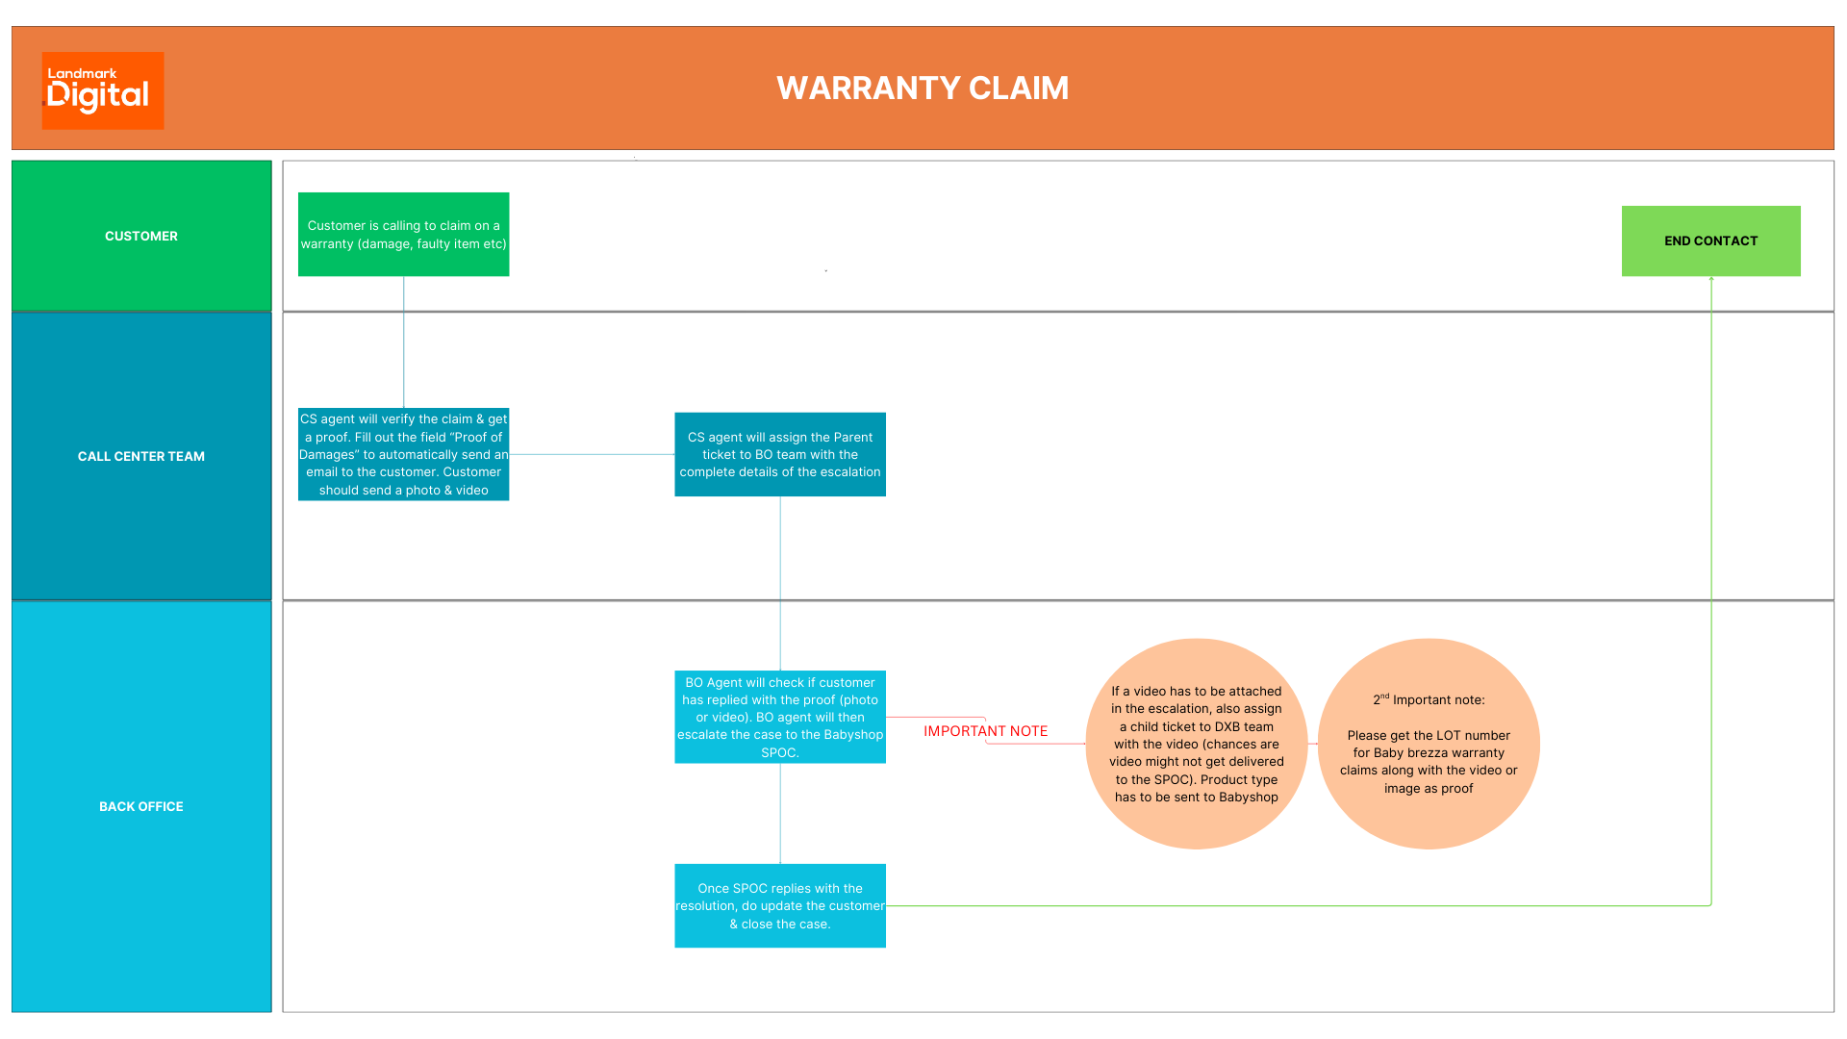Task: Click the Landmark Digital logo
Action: coord(103,90)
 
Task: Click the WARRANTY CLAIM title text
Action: coord(922,89)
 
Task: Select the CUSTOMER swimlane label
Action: coord(141,236)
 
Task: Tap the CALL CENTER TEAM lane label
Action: coord(141,456)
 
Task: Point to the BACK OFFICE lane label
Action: coord(141,806)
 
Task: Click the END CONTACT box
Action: coord(1710,241)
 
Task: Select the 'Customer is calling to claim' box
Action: coord(403,234)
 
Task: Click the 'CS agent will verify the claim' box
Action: coord(403,454)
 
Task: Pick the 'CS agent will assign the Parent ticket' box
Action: coord(780,454)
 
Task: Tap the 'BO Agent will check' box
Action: coord(780,717)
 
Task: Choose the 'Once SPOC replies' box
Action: coord(780,905)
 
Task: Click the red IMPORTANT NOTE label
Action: coord(985,731)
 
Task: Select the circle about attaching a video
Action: coord(1196,744)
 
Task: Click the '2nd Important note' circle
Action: coord(1429,744)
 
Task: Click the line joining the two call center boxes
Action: coord(592,454)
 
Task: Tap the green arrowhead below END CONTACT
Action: coord(1711,280)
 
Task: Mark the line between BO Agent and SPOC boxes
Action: coord(780,813)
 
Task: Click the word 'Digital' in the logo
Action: coord(98,96)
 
